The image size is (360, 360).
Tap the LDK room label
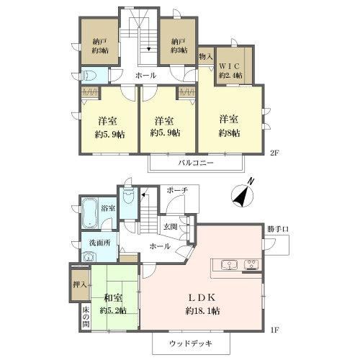[202, 297]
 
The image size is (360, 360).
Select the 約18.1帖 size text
[202, 311]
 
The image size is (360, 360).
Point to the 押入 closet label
[80, 284]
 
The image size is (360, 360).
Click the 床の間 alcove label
[86, 317]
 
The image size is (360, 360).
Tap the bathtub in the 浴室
[89, 213]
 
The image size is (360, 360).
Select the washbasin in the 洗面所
[89, 257]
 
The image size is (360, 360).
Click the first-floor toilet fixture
[128, 196]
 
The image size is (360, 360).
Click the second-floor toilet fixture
[89, 76]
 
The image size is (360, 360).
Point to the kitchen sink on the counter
[230, 266]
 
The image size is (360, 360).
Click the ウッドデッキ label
[191, 343]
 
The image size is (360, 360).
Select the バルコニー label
[196, 163]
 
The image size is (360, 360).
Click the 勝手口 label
[278, 229]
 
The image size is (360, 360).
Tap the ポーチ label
[177, 190]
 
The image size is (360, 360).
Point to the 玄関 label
[171, 226]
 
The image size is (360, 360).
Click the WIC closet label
[229, 66]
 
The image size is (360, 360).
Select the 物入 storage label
[206, 57]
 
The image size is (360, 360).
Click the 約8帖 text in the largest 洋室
[229, 133]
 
